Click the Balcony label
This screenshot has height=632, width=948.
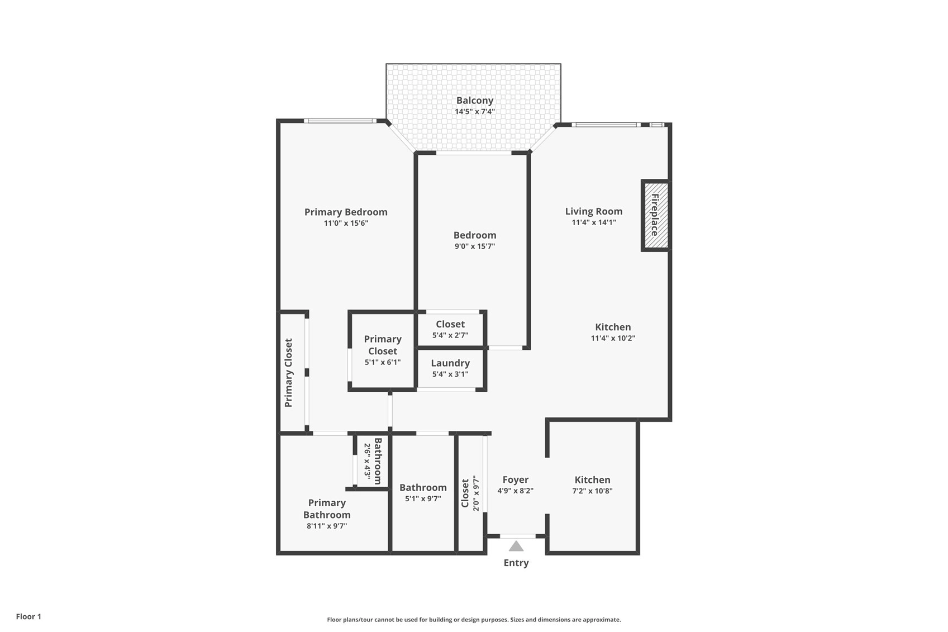pyautogui.click(x=474, y=101)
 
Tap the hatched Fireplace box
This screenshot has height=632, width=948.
pyautogui.click(x=656, y=216)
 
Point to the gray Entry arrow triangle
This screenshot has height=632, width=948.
pyautogui.click(x=516, y=546)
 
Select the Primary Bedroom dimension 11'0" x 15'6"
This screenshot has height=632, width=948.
pyautogui.click(x=346, y=223)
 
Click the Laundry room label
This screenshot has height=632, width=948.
pyautogui.click(x=450, y=363)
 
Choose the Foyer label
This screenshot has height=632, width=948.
pyautogui.click(x=516, y=479)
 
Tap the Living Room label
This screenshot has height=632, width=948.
pyautogui.click(x=594, y=211)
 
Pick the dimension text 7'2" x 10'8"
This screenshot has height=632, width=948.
pyautogui.click(x=593, y=491)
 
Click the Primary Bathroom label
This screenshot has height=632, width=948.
pyautogui.click(x=327, y=509)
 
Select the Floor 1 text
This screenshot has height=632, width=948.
pyautogui.click(x=29, y=616)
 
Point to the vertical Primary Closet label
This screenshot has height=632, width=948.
pyautogui.click(x=289, y=373)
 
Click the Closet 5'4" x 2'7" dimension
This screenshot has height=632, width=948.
pyautogui.click(x=450, y=335)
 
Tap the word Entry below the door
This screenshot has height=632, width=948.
pyautogui.click(x=516, y=563)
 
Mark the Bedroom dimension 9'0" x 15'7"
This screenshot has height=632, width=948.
pyautogui.click(x=475, y=246)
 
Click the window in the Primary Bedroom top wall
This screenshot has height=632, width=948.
pyautogui.click(x=340, y=121)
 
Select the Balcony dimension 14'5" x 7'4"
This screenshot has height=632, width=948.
pyautogui.click(x=475, y=112)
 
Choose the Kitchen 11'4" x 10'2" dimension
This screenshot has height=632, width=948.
pyautogui.click(x=613, y=338)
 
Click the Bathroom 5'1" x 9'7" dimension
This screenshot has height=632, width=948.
pyautogui.click(x=423, y=498)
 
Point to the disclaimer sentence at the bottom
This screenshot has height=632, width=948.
pyautogui.click(x=474, y=620)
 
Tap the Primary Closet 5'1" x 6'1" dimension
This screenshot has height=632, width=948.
pyautogui.click(x=383, y=362)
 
